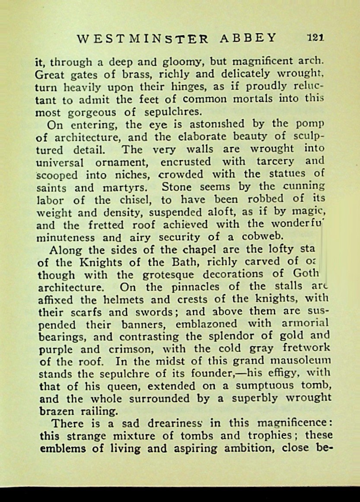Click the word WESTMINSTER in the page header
[x=143, y=38]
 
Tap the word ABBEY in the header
[x=248, y=38]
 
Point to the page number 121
[x=315, y=38]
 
